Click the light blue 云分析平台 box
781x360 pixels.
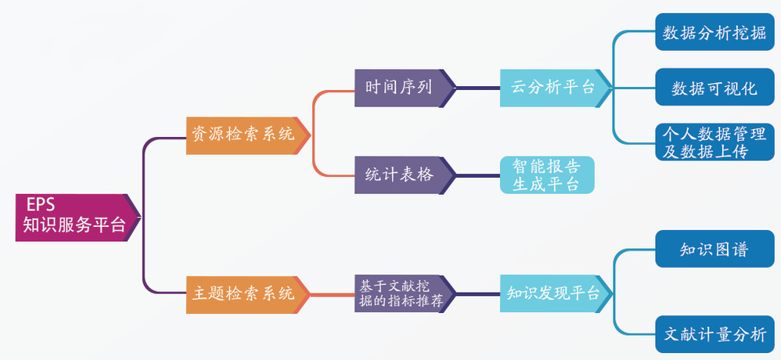pos(552,87)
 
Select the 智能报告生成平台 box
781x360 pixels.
pos(546,175)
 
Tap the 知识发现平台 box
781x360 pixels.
pos(552,294)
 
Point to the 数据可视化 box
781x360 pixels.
pos(714,88)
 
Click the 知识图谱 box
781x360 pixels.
pos(714,250)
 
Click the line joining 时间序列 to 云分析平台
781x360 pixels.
pos(477,87)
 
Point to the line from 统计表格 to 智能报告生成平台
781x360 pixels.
pos(477,175)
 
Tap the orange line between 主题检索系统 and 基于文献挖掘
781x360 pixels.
pos(332,295)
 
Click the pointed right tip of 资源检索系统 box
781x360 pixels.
pos(308,135)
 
